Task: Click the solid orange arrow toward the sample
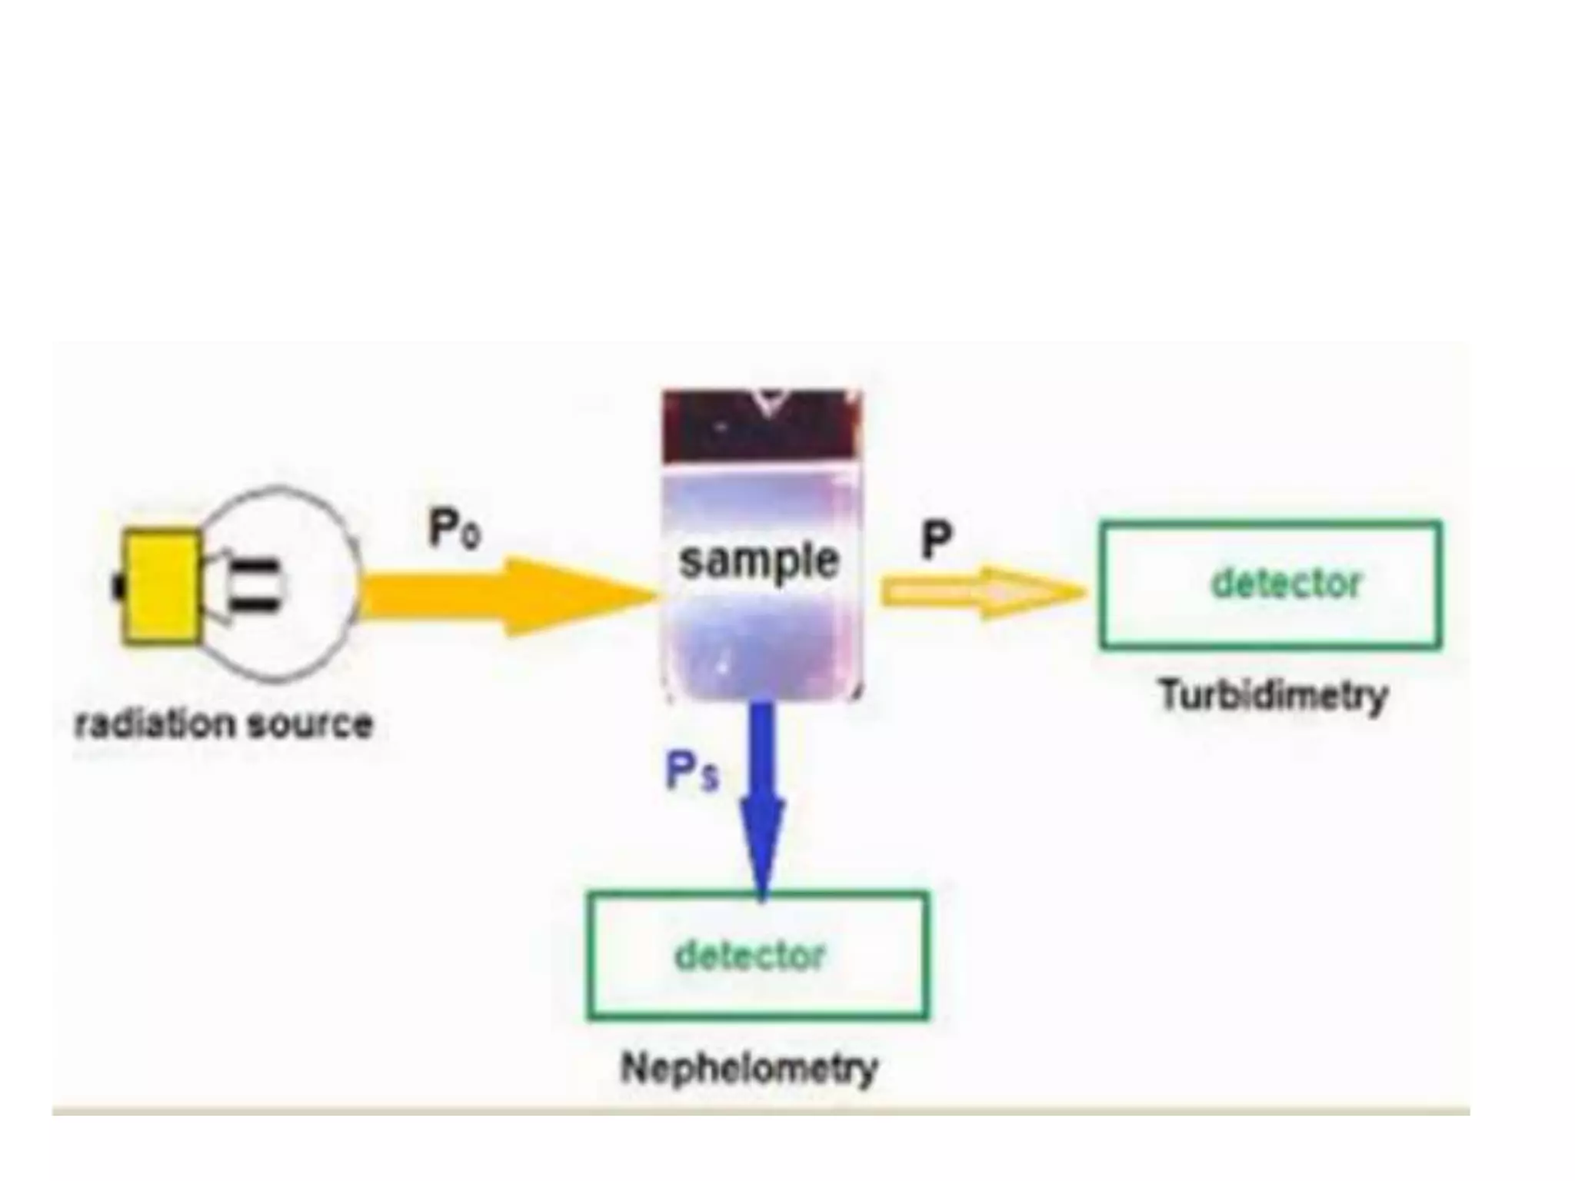tap(461, 597)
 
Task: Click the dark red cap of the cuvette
tap(761, 427)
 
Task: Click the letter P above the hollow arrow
tap(936, 540)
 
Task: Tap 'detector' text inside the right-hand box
tap(1286, 584)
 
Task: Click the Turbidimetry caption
tap(1273, 696)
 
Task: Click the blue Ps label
tap(691, 770)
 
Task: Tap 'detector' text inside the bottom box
tap(749, 956)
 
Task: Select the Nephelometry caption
tap(749, 1068)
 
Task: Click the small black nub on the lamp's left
tap(118, 587)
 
